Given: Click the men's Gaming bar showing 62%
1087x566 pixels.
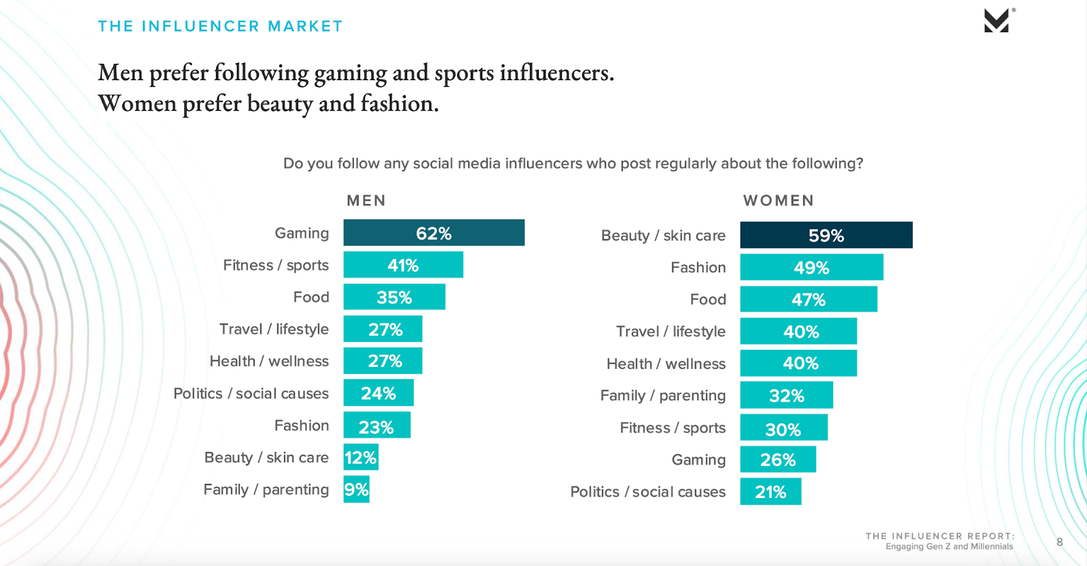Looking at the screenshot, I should point(433,233).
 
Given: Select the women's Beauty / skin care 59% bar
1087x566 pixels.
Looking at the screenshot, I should point(826,235).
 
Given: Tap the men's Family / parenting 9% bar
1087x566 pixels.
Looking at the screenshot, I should point(356,490).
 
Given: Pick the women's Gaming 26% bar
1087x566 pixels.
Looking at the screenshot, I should point(778,460).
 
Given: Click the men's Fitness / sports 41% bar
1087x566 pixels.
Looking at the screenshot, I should point(403,265).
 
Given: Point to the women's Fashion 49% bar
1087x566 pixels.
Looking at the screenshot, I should point(811,268).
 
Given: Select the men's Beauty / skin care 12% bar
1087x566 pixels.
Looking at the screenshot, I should point(361,458).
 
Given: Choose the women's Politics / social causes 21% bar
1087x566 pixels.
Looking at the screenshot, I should point(770,492).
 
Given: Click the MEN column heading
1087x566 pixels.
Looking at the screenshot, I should point(366,201).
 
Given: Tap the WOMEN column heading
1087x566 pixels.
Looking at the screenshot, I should point(779,201).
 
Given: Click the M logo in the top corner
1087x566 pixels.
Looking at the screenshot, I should point(997,21).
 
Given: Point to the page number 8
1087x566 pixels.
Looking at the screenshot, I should point(1059,542).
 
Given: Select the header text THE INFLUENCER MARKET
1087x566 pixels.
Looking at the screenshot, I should point(220,26).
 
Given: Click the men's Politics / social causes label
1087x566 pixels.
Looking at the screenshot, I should point(251,394).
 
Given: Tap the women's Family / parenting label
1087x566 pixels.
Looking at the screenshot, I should point(662,395).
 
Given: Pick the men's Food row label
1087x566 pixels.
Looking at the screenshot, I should point(311,298).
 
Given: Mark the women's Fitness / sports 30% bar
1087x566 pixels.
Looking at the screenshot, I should point(783,429).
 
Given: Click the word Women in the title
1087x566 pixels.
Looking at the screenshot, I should point(137,104).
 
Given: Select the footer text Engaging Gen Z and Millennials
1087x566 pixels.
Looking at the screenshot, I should point(948,547).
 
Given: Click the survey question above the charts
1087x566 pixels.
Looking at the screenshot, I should point(573,164).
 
